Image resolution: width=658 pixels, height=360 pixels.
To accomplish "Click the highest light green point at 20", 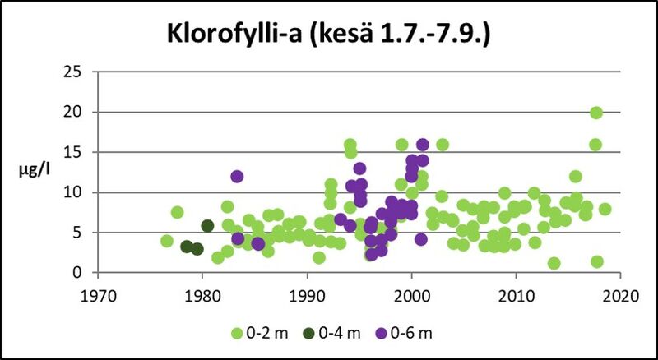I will [596, 113].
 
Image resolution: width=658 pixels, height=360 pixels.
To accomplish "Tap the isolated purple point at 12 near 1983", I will [237, 176].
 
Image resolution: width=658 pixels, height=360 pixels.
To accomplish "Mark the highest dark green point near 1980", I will [207, 226].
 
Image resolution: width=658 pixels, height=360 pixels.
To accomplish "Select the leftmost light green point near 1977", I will [167, 241].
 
